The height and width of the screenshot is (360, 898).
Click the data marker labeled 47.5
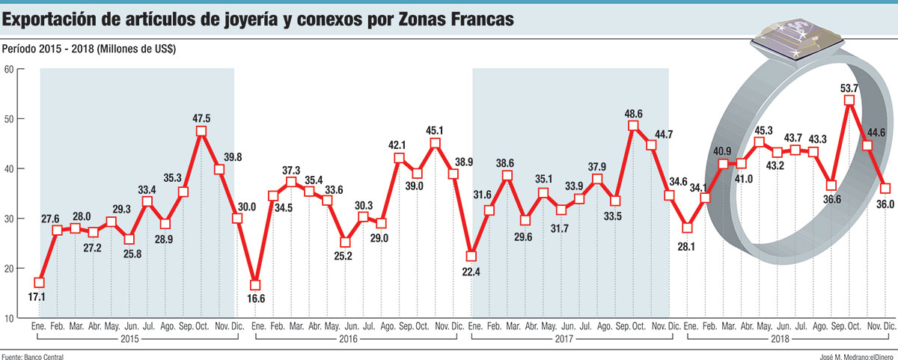[x=201, y=131]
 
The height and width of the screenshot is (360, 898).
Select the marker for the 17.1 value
[x=39, y=282]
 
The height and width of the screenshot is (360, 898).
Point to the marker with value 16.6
[x=255, y=285]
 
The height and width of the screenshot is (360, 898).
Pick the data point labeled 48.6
[x=633, y=125]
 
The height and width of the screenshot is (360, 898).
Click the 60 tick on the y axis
[x=10, y=70]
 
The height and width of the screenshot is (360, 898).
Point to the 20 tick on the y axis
[x=10, y=269]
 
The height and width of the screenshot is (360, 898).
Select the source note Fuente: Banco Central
[x=33, y=355]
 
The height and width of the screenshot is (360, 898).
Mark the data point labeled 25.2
[x=345, y=242]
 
